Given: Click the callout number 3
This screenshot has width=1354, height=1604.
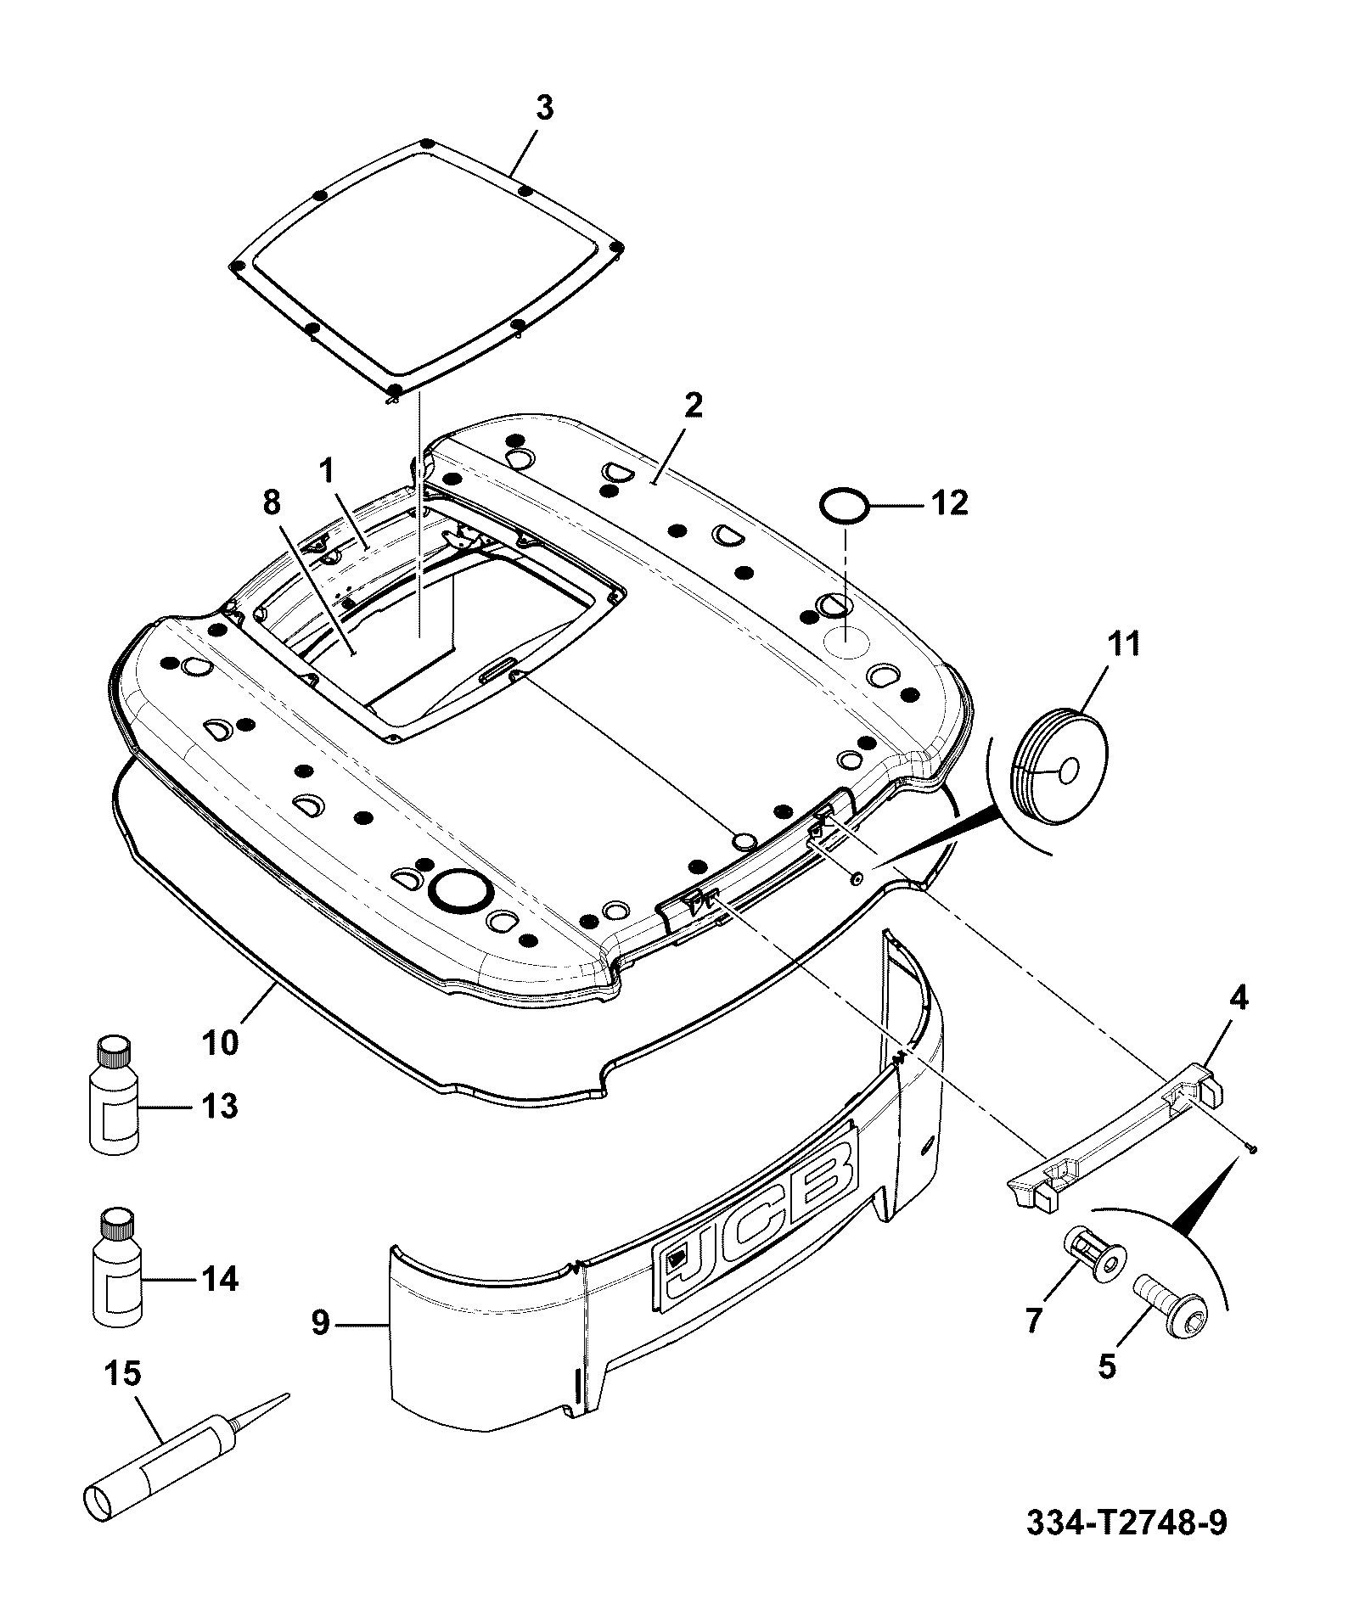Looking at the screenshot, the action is pos(543,109).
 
